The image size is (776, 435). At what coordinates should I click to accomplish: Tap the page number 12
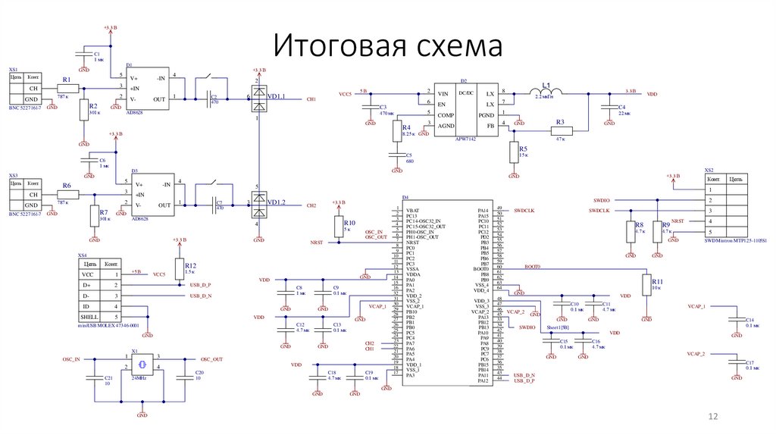[x=712, y=417]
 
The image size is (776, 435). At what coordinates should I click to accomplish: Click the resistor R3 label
[x=560, y=122]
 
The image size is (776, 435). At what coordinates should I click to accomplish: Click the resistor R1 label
[x=67, y=80]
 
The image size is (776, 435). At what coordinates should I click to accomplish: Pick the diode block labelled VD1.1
[x=258, y=97]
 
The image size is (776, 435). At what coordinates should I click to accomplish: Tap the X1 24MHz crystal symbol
[x=142, y=364]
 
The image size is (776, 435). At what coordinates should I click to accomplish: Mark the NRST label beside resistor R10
[x=316, y=242]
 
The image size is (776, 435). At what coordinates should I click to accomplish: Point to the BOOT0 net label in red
[x=533, y=267]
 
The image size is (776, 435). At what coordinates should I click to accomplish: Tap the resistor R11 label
[x=657, y=280]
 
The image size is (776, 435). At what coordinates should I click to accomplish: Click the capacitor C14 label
[x=749, y=320]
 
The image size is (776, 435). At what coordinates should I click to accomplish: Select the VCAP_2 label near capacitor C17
[x=696, y=354]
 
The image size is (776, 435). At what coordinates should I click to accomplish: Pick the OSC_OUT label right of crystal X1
[x=211, y=359]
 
